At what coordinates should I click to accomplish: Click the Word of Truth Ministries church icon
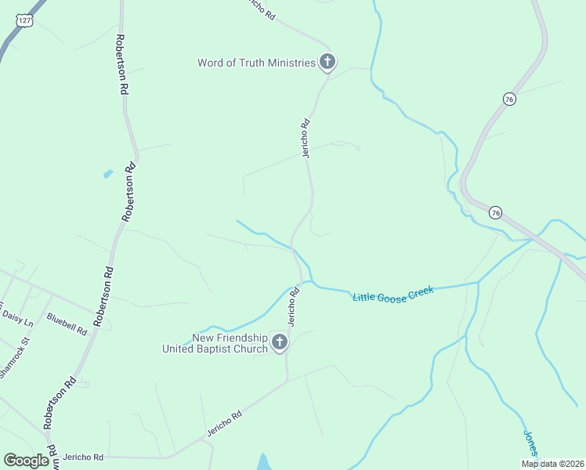point(327,63)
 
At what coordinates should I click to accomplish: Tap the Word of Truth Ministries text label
point(256,63)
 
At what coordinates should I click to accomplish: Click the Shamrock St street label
point(13,356)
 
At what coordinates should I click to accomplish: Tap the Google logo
point(26,461)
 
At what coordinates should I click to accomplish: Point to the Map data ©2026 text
point(552,464)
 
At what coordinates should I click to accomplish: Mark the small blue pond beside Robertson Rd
point(107,173)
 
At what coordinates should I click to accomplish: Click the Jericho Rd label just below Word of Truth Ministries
point(307,138)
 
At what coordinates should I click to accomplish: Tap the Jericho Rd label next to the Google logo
point(83,457)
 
